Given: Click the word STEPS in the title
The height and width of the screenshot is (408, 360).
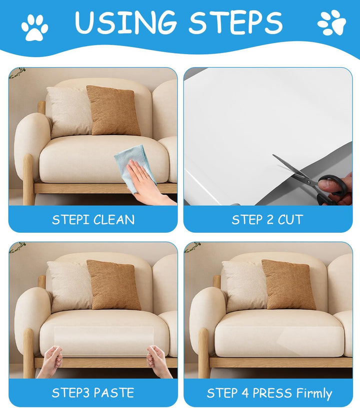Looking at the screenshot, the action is click(x=235, y=23).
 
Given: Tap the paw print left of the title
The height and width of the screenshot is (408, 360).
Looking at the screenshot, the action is click(x=34, y=28).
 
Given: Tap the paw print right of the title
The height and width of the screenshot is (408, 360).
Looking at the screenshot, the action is click(x=332, y=23).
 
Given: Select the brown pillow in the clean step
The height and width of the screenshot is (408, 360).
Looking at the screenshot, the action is click(x=113, y=110).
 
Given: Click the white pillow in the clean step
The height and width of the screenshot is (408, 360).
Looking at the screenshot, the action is click(x=69, y=112).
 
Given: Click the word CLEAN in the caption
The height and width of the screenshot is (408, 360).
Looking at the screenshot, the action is click(x=114, y=220).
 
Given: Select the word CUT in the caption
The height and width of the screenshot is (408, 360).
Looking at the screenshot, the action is click(x=290, y=220).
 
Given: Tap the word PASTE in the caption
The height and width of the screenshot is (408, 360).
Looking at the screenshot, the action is click(x=113, y=392).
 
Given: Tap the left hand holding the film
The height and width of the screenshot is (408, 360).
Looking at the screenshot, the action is click(x=50, y=361).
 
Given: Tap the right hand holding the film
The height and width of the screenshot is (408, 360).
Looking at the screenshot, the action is click(x=158, y=361).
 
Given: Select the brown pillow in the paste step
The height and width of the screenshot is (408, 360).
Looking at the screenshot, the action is click(x=113, y=285).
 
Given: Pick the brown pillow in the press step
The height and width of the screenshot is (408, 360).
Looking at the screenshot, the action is click(x=289, y=285).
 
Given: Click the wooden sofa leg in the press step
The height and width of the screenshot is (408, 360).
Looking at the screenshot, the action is click(x=203, y=353).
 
